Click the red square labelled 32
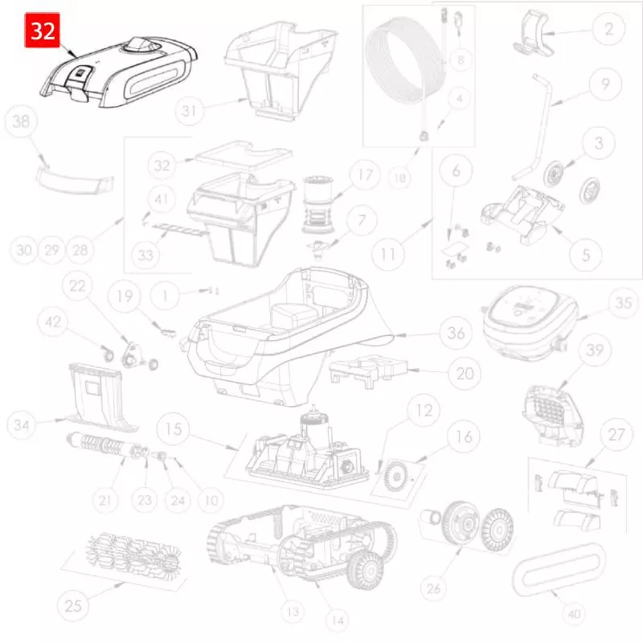point(41,31)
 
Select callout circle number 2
point(608,30)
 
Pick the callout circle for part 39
point(595,350)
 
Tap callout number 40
point(573,613)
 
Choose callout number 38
point(22,122)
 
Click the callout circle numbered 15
point(172,426)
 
